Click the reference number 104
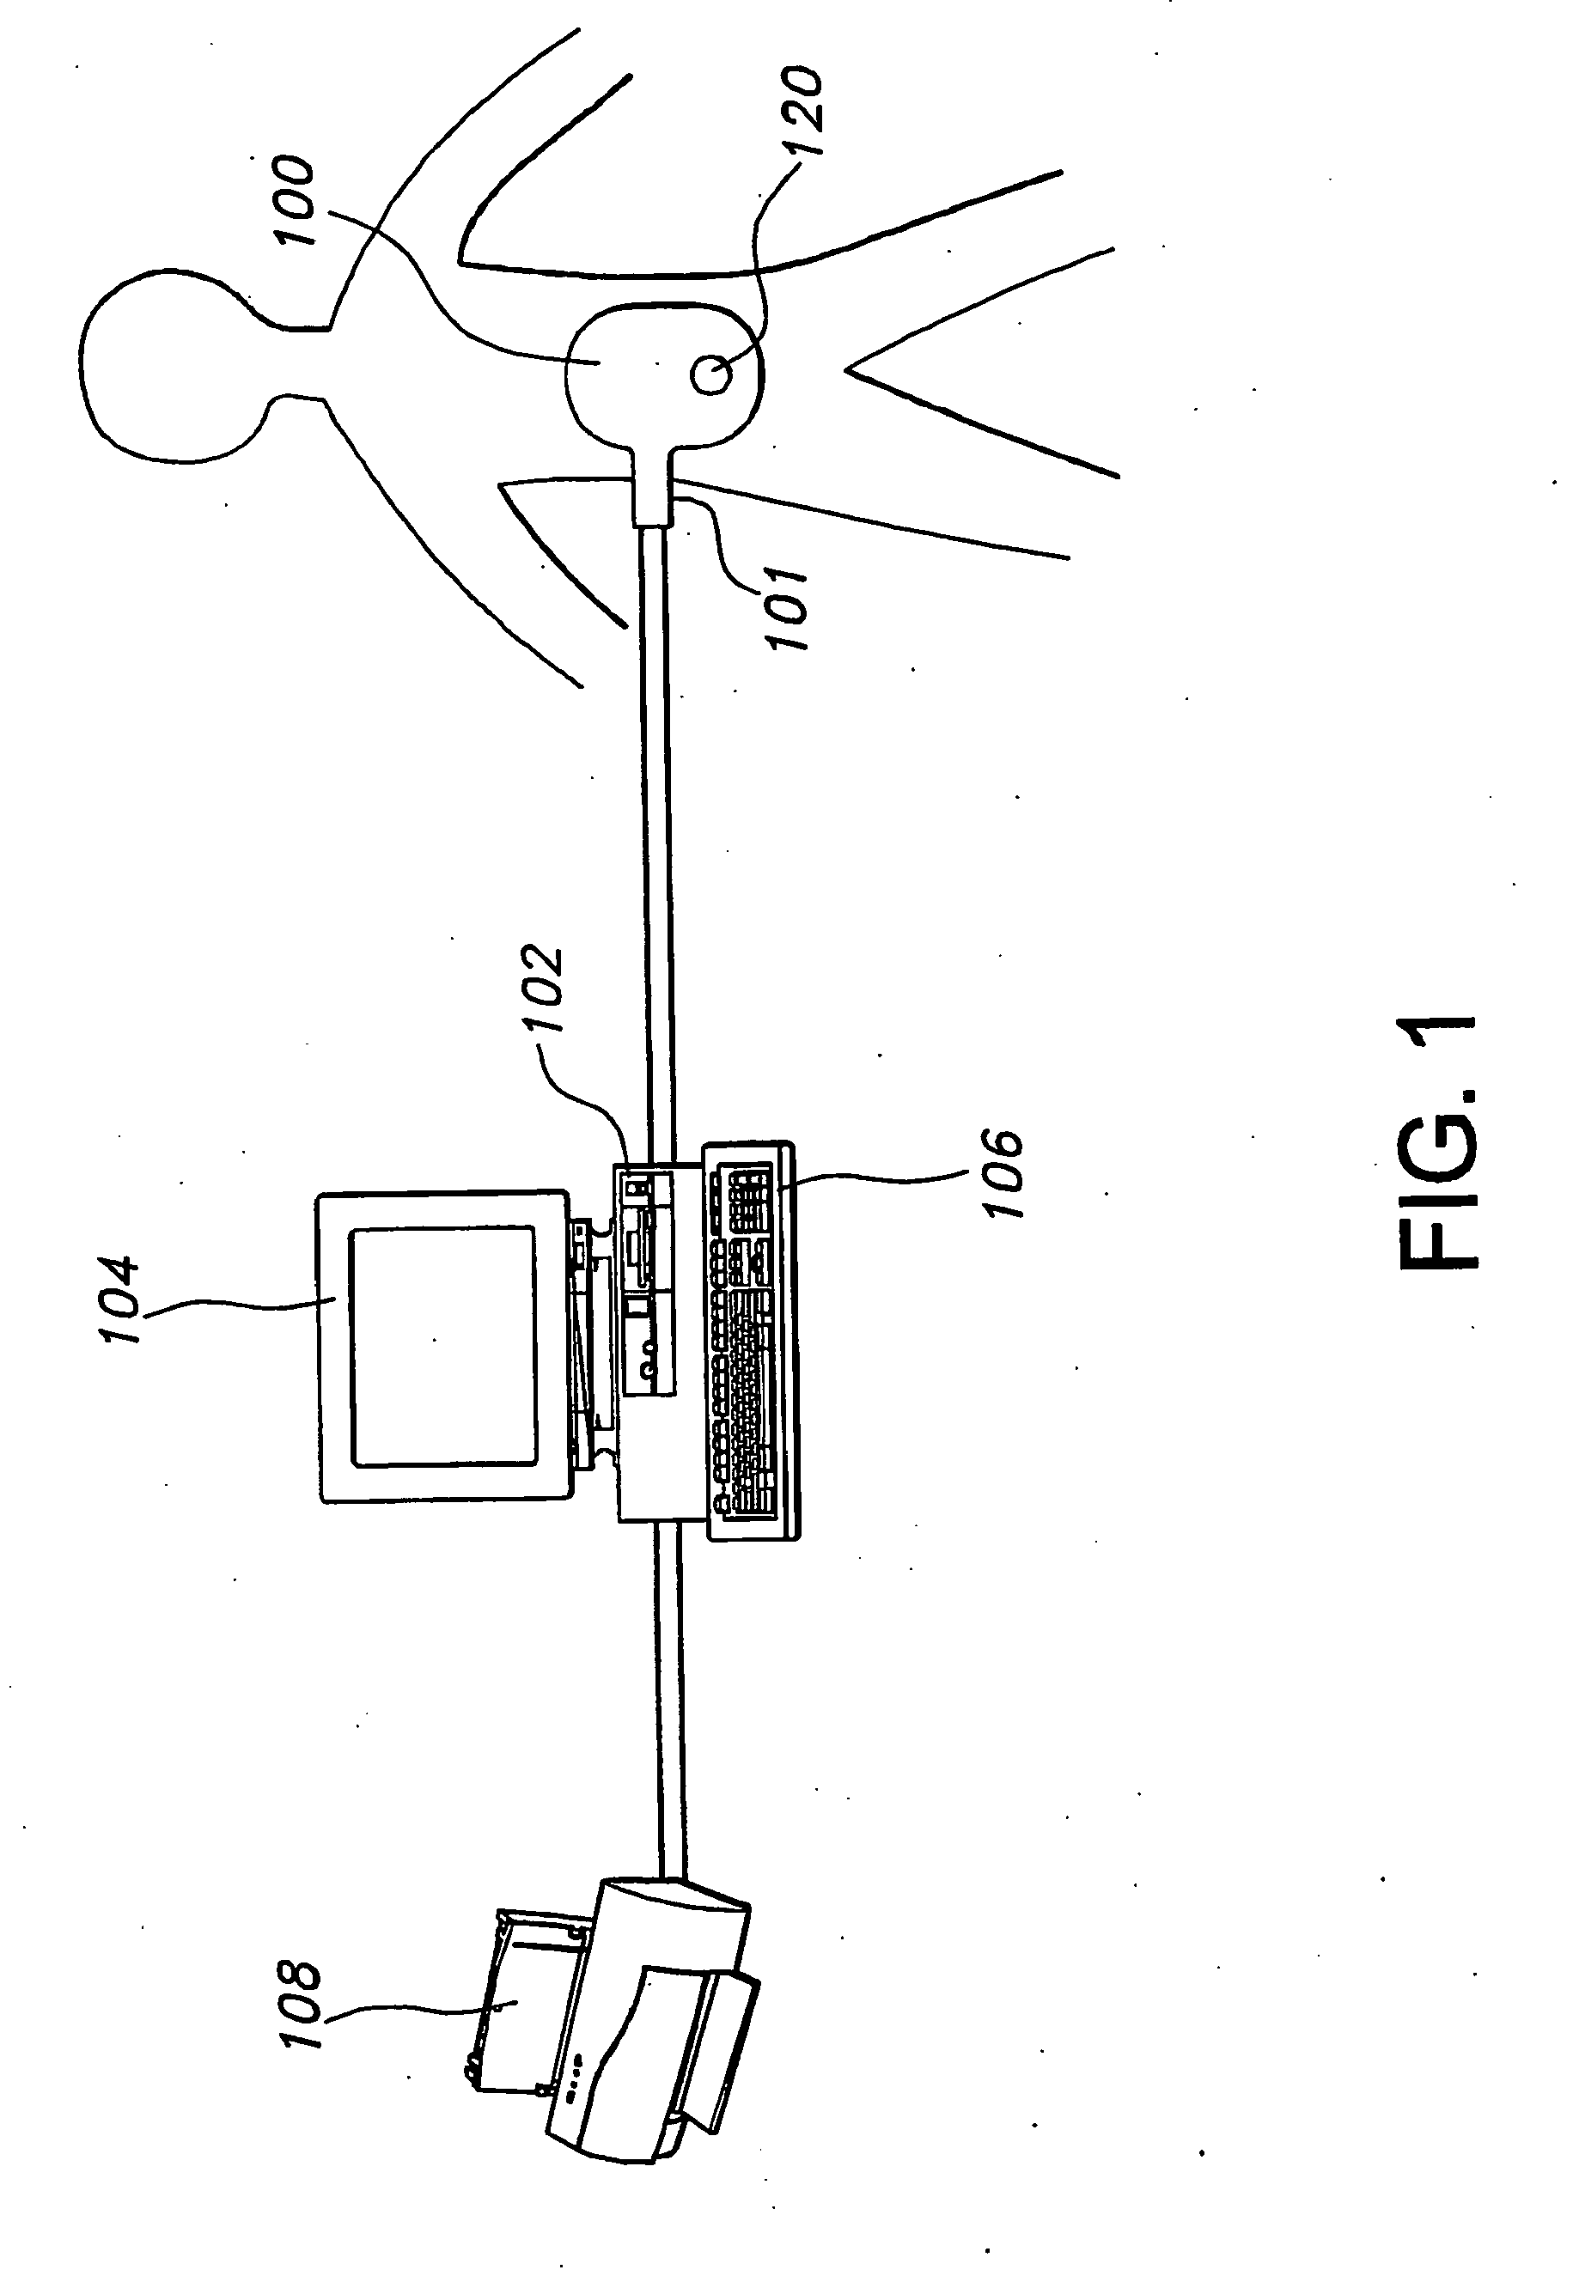120,1300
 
